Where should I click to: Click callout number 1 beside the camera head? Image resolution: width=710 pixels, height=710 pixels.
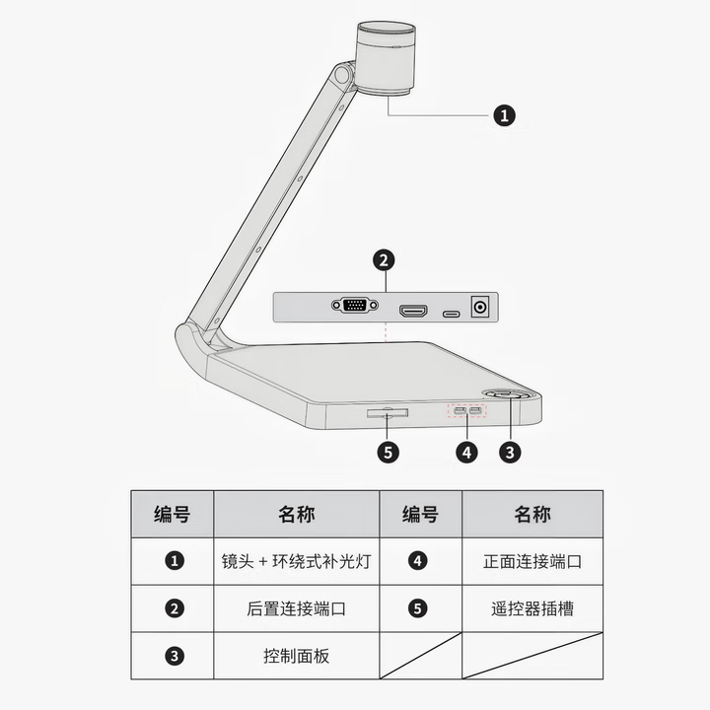pyautogui.click(x=504, y=114)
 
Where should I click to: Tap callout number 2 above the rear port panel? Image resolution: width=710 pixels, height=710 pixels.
pyautogui.click(x=385, y=260)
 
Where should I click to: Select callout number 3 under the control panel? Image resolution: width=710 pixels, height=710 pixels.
pyautogui.click(x=510, y=453)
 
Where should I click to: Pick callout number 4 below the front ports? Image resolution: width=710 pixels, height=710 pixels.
pyautogui.click(x=466, y=453)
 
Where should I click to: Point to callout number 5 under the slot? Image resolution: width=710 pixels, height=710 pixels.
pyautogui.click(x=389, y=453)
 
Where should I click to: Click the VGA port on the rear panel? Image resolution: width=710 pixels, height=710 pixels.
pyautogui.click(x=356, y=307)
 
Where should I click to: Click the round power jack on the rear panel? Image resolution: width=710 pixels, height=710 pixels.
pyautogui.click(x=481, y=307)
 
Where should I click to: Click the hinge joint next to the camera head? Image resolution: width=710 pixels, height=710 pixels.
pyautogui.click(x=342, y=75)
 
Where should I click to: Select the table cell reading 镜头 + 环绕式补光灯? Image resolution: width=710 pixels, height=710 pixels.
pyautogui.click(x=296, y=561)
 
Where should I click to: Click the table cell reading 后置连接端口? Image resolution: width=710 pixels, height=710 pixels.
pyautogui.click(x=296, y=608)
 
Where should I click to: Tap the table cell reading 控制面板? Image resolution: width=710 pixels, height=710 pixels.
pyautogui.click(x=296, y=655)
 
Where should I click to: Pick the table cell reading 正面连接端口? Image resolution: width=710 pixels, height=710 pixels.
pyautogui.click(x=532, y=561)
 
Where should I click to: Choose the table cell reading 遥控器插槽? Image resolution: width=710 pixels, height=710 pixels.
pyautogui.click(x=532, y=608)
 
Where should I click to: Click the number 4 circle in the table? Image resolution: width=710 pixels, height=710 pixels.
pyautogui.click(x=419, y=561)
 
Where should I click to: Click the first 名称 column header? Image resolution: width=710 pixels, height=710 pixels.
pyautogui.click(x=296, y=514)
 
